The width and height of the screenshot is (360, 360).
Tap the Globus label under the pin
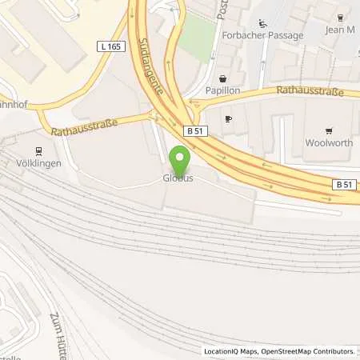pos(179,178)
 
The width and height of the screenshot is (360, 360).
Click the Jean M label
pos(340,30)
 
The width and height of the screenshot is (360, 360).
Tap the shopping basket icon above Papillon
pos(222,79)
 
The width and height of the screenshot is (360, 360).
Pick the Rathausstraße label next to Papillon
pos(310,92)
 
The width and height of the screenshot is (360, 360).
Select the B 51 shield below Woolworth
pos(342,185)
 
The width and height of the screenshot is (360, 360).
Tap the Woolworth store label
pos(329,144)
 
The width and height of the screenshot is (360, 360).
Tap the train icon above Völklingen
pos(38,150)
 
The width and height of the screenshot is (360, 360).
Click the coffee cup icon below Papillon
pos(229,118)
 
